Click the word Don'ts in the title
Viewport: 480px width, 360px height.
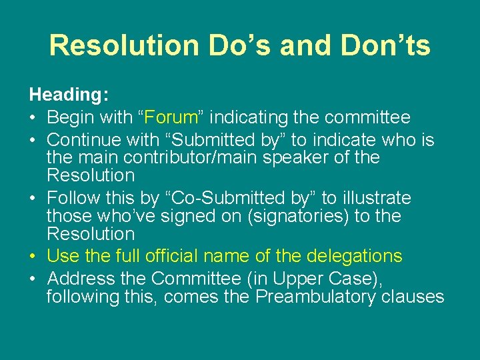(383, 45)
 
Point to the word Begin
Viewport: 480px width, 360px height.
(71, 118)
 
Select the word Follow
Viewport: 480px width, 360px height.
(73, 198)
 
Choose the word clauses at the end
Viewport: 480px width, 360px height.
(413, 296)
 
